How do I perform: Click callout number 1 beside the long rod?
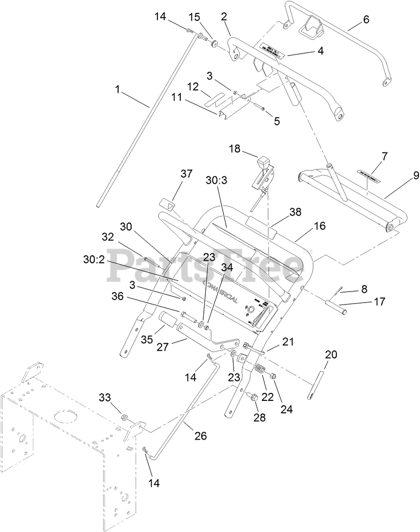coord(118,89)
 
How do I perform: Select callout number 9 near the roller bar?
coord(416,175)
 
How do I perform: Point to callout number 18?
coord(235,149)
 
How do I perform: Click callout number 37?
coord(186,174)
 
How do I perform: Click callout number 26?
coord(200,436)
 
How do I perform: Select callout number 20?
coord(331,354)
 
